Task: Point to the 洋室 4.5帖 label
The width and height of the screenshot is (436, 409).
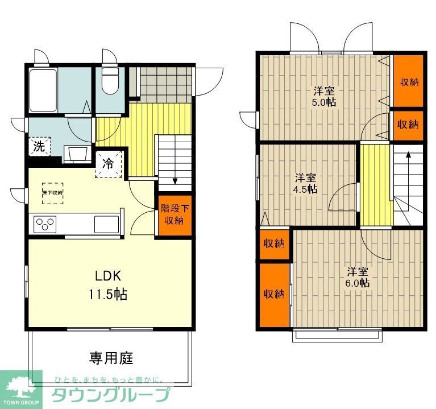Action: (x=305, y=183)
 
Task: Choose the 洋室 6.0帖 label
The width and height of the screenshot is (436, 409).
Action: (x=359, y=276)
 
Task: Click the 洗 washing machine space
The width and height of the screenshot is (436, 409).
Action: (x=39, y=146)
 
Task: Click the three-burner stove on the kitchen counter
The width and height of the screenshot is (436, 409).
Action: (x=44, y=224)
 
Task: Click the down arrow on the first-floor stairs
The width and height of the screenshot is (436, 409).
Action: (x=175, y=181)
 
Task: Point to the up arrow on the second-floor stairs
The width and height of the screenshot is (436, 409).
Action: (x=408, y=154)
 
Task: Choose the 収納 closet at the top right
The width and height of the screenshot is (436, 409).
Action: (x=409, y=81)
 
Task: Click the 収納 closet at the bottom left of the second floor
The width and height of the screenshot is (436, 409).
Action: (x=273, y=294)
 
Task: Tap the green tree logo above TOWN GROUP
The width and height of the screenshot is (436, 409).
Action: (x=20, y=384)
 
